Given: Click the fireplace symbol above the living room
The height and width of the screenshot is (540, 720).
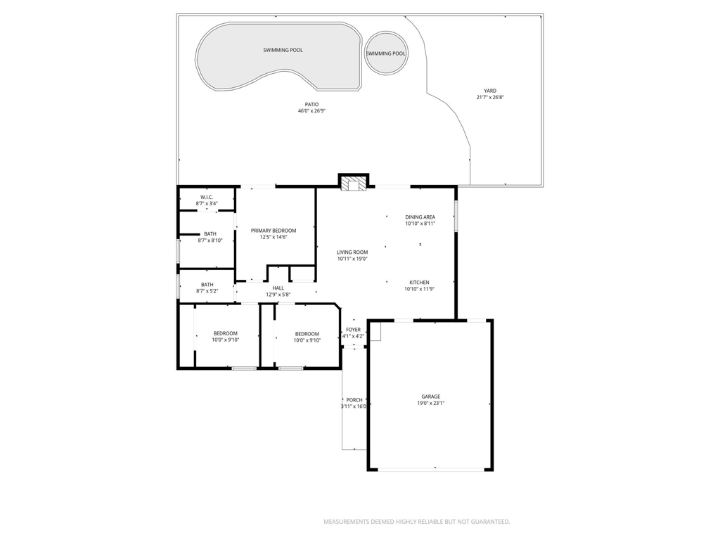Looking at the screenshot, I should coord(353,183).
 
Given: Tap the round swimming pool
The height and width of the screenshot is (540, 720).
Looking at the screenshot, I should coord(385,53).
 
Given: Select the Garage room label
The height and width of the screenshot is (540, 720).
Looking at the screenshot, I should coord(431,397).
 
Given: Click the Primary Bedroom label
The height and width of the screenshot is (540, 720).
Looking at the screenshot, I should coord(274,231).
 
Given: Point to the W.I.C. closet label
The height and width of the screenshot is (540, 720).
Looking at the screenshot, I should coord(207,197).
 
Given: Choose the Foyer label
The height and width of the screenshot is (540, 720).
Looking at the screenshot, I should coord(353,329).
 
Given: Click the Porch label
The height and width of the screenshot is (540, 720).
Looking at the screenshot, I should coord(354,399).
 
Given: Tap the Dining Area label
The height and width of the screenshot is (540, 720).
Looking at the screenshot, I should coord(420,217).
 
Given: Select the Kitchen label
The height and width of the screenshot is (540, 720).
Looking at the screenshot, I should coord(420,282).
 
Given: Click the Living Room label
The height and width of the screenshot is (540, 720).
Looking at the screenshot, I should coord(352,252).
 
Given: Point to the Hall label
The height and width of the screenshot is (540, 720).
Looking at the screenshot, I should coord(278,288).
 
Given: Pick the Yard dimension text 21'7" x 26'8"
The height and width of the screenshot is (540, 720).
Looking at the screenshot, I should coord(489,98).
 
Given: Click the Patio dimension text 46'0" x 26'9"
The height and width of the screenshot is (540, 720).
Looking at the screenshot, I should coord(311,111).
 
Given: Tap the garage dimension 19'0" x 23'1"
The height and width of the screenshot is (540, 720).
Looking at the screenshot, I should coord(431,404).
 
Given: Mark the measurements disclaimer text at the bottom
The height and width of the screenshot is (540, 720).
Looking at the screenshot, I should coord(416,522).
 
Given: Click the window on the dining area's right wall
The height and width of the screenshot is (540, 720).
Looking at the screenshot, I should coord(456,216).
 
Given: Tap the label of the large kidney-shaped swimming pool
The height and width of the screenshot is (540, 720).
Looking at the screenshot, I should coord(283,51).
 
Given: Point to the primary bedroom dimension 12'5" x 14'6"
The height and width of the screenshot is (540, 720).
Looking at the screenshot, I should coord(274,238).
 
